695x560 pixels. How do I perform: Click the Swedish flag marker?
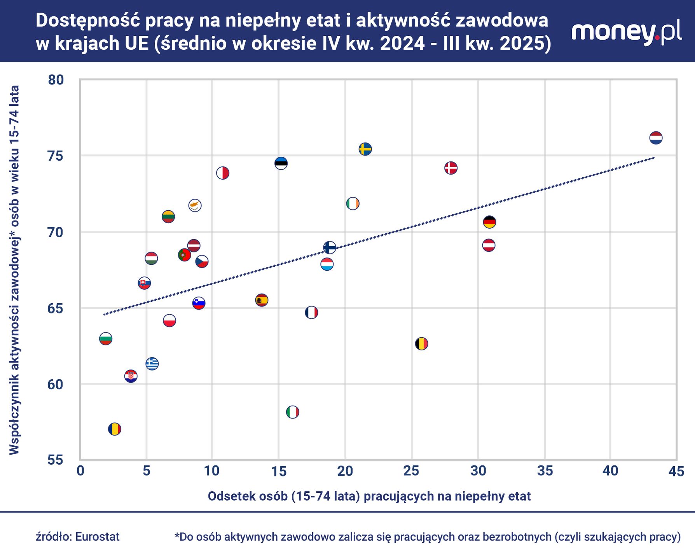[x=365, y=149]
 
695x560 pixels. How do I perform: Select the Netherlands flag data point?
[x=656, y=138]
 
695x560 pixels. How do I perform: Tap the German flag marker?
[x=489, y=222]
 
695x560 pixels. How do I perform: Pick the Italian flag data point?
[x=292, y=412]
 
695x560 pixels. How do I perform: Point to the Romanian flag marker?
[x=114, y=429]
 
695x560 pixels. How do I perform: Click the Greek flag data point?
[x=152, y=364]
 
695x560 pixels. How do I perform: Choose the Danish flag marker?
[x=451, y=168]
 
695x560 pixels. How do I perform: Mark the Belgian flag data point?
[x=421, y=344]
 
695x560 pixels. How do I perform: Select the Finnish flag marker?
[x=330, y=247]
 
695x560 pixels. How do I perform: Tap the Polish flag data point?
[x=169, y=321]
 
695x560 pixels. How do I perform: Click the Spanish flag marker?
[x=262, y=300]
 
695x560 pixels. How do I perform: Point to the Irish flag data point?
[x=353, y=203]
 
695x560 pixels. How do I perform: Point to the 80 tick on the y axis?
[x=56, y=80]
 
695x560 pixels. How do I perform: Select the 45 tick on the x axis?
[x=676, y=471]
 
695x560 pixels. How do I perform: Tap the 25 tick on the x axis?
[x=411, y=471]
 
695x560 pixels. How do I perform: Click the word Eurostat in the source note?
[x=97, y=537]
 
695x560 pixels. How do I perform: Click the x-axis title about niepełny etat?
[x=369, y=496]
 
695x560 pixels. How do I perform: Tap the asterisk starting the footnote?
[x=177, y=535]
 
